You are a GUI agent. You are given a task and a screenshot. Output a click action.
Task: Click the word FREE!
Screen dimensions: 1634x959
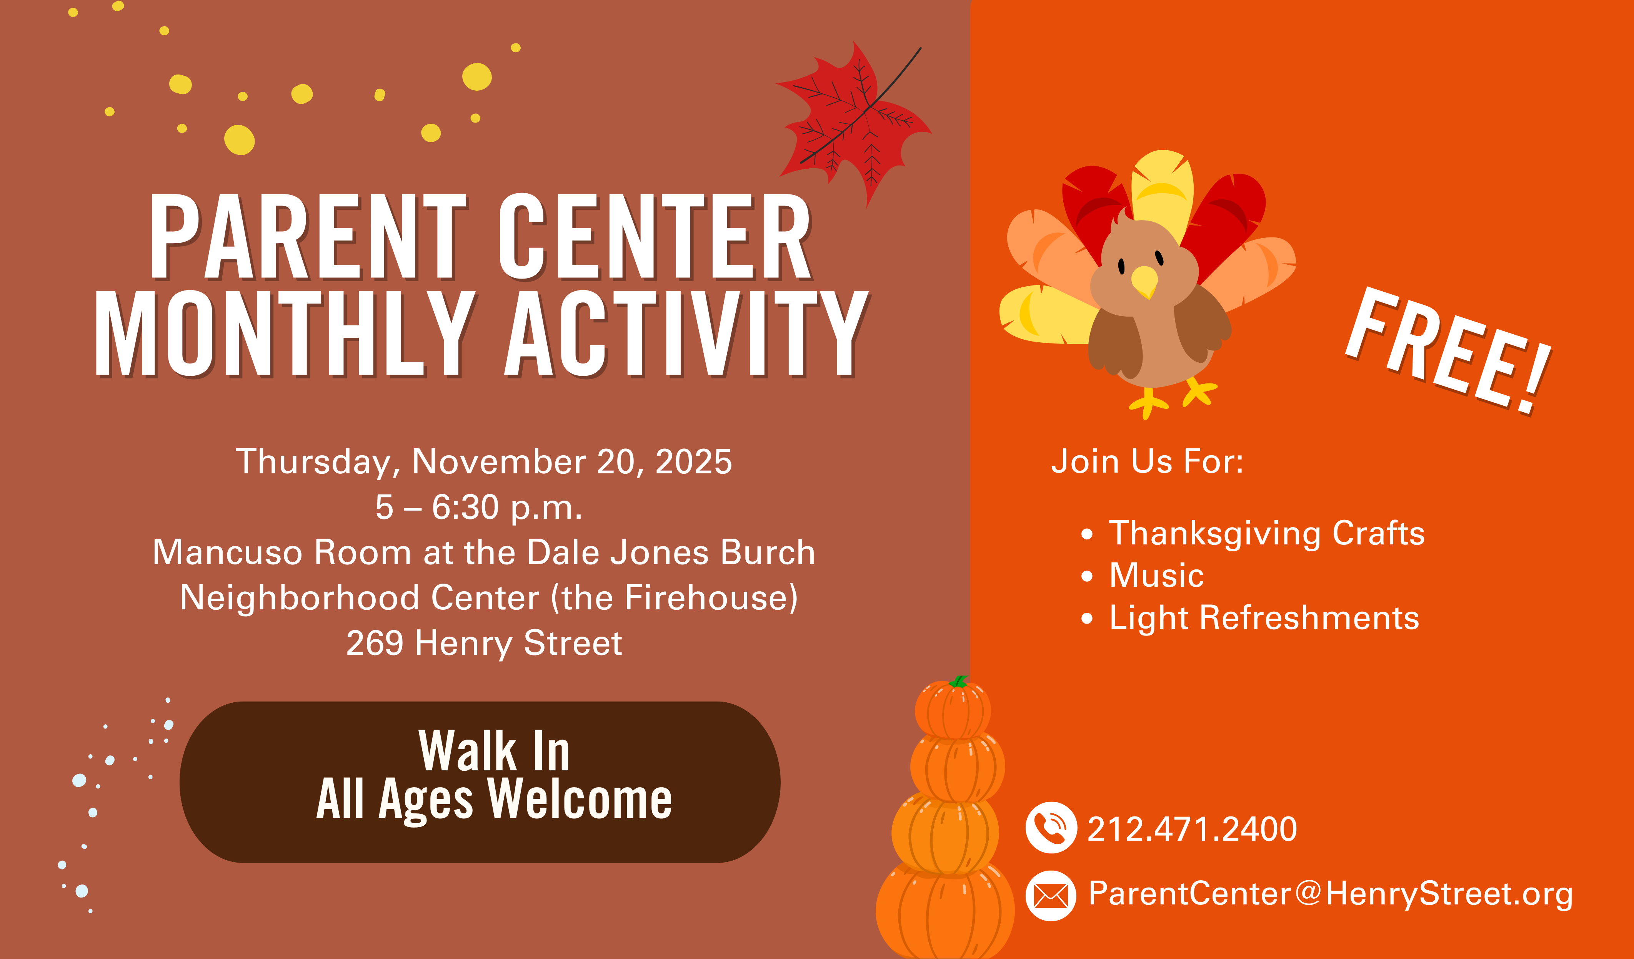pyautogui.click(x=1449, y=350)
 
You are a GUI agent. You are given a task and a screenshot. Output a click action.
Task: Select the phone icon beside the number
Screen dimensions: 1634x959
pyautogui.click(x=1051, y=828)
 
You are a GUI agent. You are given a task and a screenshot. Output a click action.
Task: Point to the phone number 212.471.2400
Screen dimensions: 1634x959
pyautogui.click(x=1192, y=829)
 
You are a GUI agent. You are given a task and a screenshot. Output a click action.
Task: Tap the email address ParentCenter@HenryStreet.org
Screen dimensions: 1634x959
pyautogui.click(x=1331, y=894)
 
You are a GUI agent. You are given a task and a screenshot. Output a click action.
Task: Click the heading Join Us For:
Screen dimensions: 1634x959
pyautogui.click(x=1147, y=461)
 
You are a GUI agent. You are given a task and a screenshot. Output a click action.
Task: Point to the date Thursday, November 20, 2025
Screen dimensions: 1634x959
pyautogui.click(x=484, y=461)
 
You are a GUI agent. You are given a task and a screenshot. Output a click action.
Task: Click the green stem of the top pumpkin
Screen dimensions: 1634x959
pyautogui.click(x=958, y=681)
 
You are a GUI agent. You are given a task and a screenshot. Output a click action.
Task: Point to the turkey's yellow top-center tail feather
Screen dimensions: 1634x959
pyautogui.click(x=1163, y=188)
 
